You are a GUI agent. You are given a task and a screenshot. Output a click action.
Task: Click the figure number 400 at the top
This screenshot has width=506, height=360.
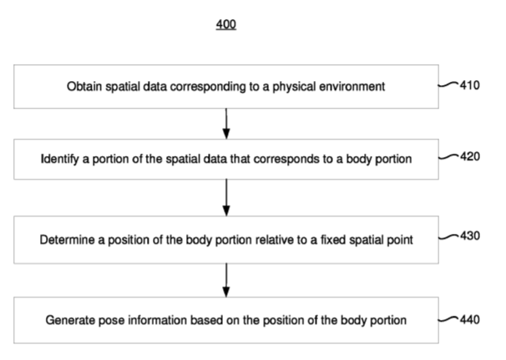click(x=226, y=24)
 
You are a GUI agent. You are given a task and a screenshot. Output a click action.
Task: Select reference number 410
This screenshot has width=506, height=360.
click(x=470, y=85)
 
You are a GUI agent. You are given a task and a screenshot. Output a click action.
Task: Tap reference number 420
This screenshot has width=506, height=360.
click(x=470, y=156)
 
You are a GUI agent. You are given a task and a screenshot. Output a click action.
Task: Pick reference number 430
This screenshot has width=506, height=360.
click(x=470, y=236)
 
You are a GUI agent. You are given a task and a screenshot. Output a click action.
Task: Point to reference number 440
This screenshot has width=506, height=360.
click(x=470, y=320)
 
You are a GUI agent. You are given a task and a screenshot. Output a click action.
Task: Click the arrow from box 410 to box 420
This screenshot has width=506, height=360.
click(x=226, y=124)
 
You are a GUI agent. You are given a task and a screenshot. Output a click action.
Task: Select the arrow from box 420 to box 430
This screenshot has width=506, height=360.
click(x=226, y=198)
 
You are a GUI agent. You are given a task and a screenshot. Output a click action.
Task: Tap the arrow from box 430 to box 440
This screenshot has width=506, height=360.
click(x=226, y=281)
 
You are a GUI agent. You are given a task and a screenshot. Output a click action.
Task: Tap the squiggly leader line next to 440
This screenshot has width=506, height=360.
click(x=448, y=320)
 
